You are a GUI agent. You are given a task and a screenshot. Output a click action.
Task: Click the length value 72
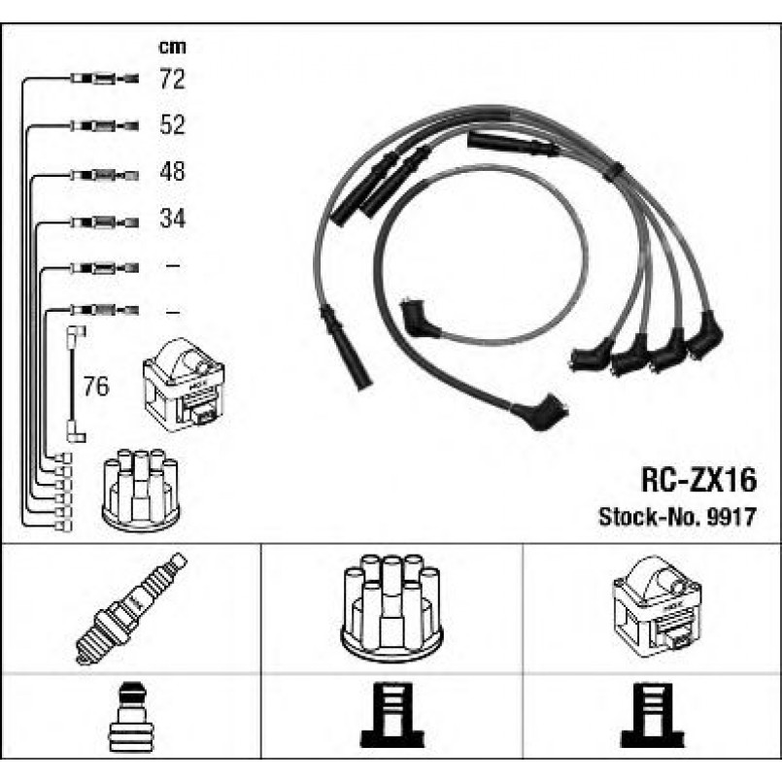pyautogui.click(x=172, y=79)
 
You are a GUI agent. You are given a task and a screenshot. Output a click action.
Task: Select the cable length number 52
pyautogui.click(x=172, y=124)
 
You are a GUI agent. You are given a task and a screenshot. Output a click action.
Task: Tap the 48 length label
pyautogui.click(x=172, y=171)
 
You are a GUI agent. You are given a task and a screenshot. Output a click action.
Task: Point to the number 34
pyautogui.click(x=172, y=219)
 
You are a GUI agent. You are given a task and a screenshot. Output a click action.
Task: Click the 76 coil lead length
pyautogui.click(x=96, y=386)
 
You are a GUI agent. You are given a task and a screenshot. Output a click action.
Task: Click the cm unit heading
pyautogui.click(x=172, y=47)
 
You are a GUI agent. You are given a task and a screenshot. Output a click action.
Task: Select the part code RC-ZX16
pyautogui.click(x=698, y=480)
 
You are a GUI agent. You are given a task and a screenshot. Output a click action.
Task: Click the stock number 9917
pyautogui.click(x=732, y=517)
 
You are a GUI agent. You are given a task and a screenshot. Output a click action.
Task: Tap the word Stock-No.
pyautogui.click(x=650, y=517)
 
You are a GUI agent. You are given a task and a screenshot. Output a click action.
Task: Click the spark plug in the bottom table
pyautogui.click(x=131, y=609)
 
